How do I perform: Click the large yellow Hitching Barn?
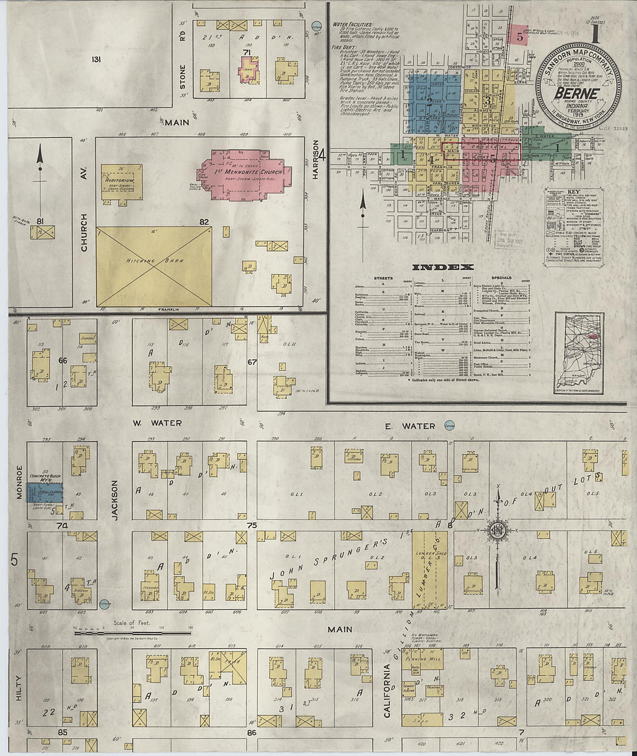pyautogui.click(x=153, y=266)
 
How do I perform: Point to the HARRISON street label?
pyautogui.click(x=316, y=160)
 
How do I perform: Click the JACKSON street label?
pyautogui.click(x=115, y=499)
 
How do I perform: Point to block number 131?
pyautogui.click(x=96, y=59)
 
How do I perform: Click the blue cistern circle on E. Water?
pyautogui.click(x=449, y=426)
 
